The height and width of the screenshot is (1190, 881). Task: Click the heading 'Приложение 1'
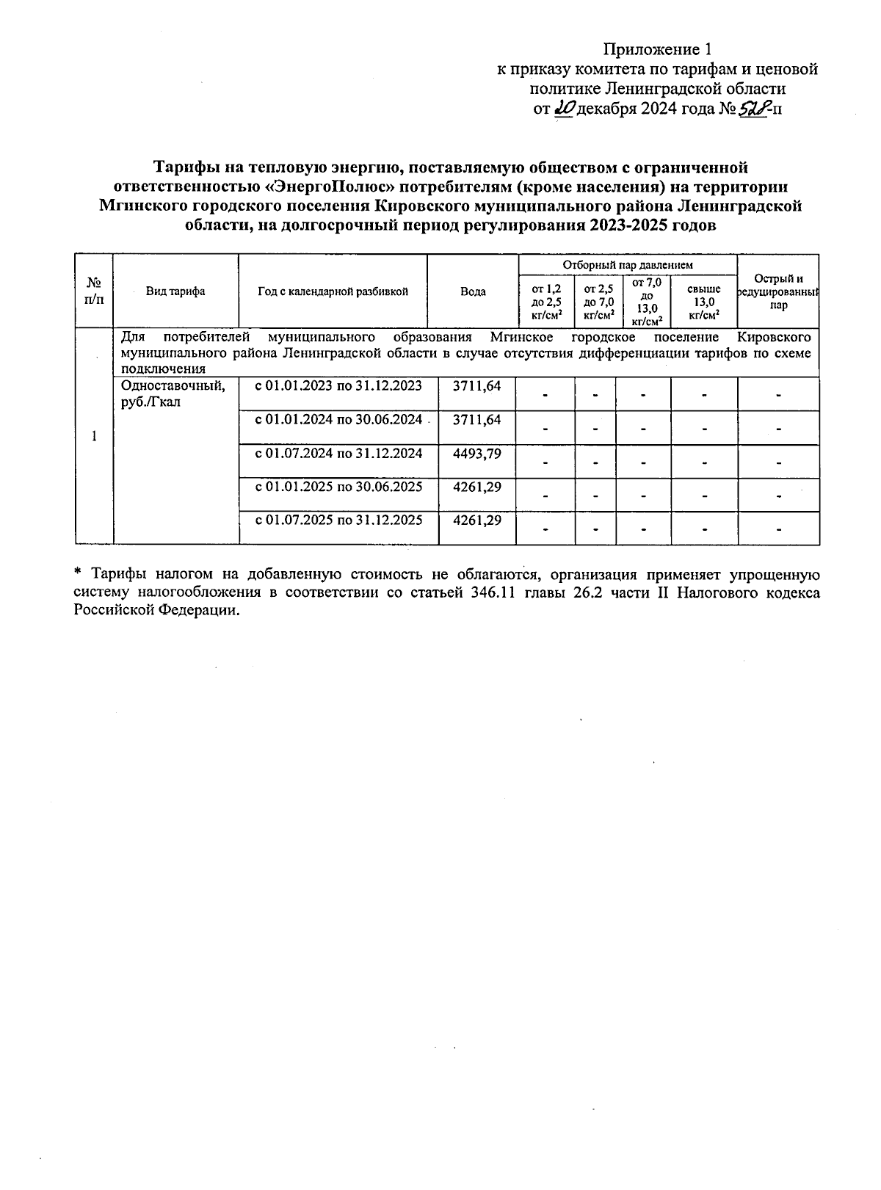pos(657,50)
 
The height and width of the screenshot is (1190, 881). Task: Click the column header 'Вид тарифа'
pos(175,291)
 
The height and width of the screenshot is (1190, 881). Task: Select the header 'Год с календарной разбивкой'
pos(333,291)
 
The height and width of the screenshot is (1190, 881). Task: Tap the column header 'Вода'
pos(473,291)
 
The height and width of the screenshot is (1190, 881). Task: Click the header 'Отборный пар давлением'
pos(628,264)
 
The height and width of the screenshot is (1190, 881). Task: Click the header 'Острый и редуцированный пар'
pos(778,291)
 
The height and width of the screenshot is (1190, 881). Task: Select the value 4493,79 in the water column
pos(477,454)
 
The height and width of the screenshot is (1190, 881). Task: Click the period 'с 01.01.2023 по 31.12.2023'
pos(338,386)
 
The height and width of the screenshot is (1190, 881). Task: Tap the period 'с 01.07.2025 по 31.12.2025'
pos(338,520)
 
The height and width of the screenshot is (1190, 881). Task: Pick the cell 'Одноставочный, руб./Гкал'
pos(173,393)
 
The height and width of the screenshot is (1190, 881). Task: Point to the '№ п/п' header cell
pos(94,291)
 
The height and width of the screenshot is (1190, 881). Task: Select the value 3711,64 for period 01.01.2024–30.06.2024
pos(477,420)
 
